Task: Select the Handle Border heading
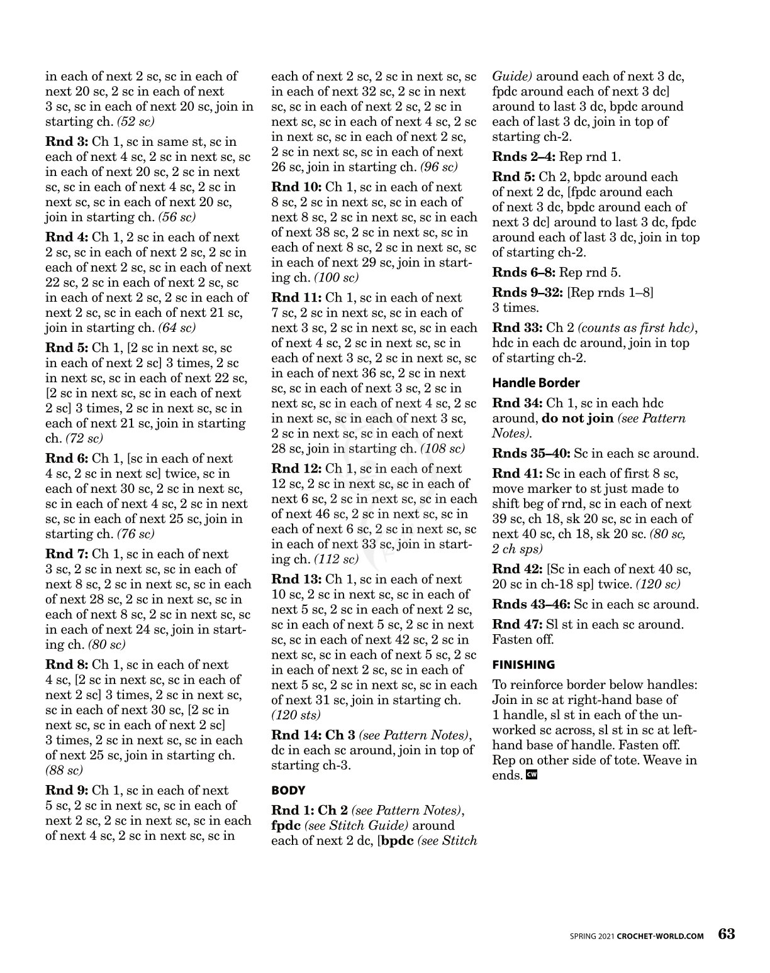[535, 383]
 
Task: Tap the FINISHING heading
[523, 664]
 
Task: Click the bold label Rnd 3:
[67, 141]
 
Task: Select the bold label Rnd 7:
[67, 554]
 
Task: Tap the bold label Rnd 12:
[296, 468]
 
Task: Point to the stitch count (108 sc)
[442, 448]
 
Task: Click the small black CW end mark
[532, 775]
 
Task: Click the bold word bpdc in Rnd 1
[396, 840]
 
